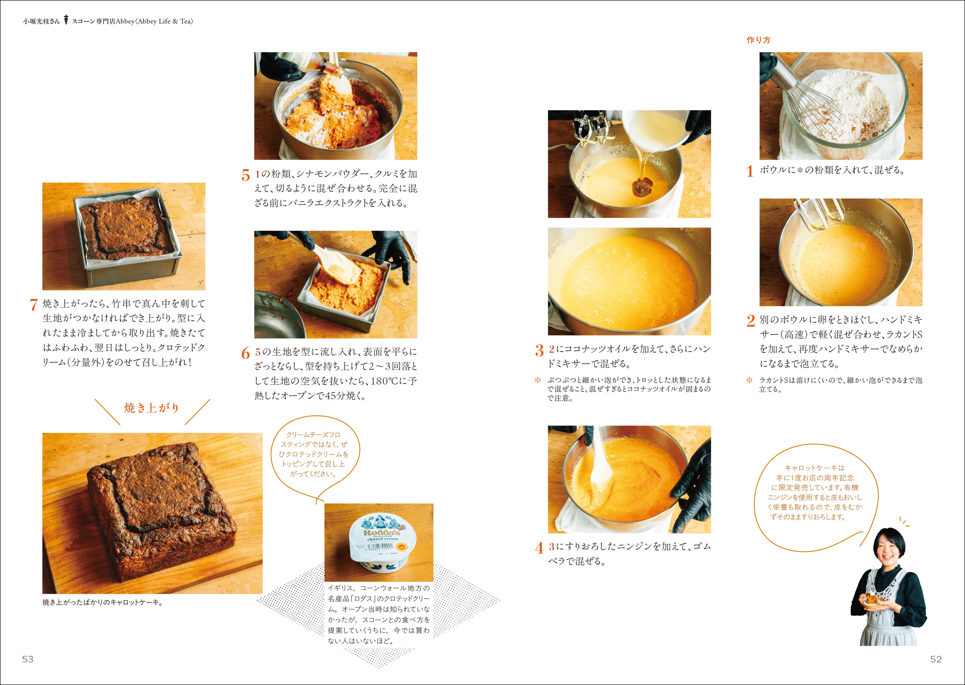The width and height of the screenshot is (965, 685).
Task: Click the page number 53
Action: pos(28,659)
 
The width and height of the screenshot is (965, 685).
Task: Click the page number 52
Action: pos(936,659)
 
